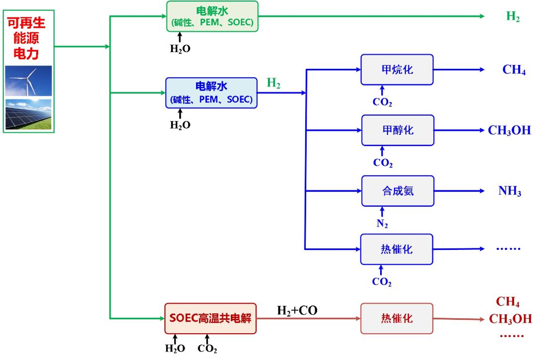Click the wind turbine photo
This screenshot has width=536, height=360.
(x=28, y=81)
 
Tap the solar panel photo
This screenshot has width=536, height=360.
(x=28, y=114)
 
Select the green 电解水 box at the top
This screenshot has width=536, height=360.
(x=212, y=16)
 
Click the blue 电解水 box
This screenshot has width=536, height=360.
(x=211, y=93)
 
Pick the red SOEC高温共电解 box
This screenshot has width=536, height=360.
(x=210, y=318)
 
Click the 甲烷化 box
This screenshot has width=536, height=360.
(x=398, y=69)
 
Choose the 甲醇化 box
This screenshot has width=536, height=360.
(x=398, y=130)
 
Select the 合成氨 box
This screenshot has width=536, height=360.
(x=398, y=191)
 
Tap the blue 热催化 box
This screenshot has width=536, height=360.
(x=397, y=249)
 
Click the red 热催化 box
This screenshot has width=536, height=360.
(x=397, y=318)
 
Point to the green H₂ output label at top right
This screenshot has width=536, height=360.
(x=513, y=16)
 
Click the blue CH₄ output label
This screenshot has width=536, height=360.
(x=514, y=69)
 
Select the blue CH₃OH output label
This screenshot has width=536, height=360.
(x=509, y=131)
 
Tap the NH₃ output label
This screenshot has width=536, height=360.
(x=510, y=191)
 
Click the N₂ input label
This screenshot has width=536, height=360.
(x=382, y=224)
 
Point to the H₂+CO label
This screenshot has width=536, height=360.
(x=297, y=311)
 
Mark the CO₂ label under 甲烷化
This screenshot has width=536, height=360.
(x=382, y=103)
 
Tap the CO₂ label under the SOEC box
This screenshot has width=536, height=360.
(x=207, y=349)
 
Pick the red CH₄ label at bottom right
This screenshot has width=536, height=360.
(x=508, y=302)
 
